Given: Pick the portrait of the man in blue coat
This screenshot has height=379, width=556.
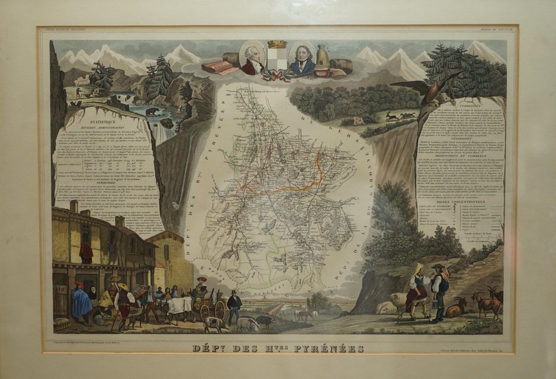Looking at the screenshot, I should [x=302, y=59].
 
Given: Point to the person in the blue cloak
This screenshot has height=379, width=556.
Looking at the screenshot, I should [x=82, y=302].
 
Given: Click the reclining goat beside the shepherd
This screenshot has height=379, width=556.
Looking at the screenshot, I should [x=456, y=308].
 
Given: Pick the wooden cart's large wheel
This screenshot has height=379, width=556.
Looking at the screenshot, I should [x=220, y=309].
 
